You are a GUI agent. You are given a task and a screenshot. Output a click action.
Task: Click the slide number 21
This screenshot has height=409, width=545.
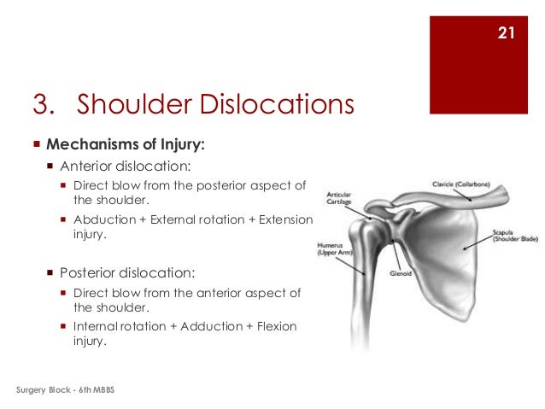tap(504, 34)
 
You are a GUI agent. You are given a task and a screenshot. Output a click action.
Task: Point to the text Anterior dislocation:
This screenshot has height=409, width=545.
tap(126, 166)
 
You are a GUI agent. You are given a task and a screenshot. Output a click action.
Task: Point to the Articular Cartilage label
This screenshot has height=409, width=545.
tap(337, 198)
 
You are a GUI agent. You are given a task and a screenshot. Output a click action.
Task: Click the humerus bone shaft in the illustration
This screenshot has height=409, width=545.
tap(363, 290)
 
